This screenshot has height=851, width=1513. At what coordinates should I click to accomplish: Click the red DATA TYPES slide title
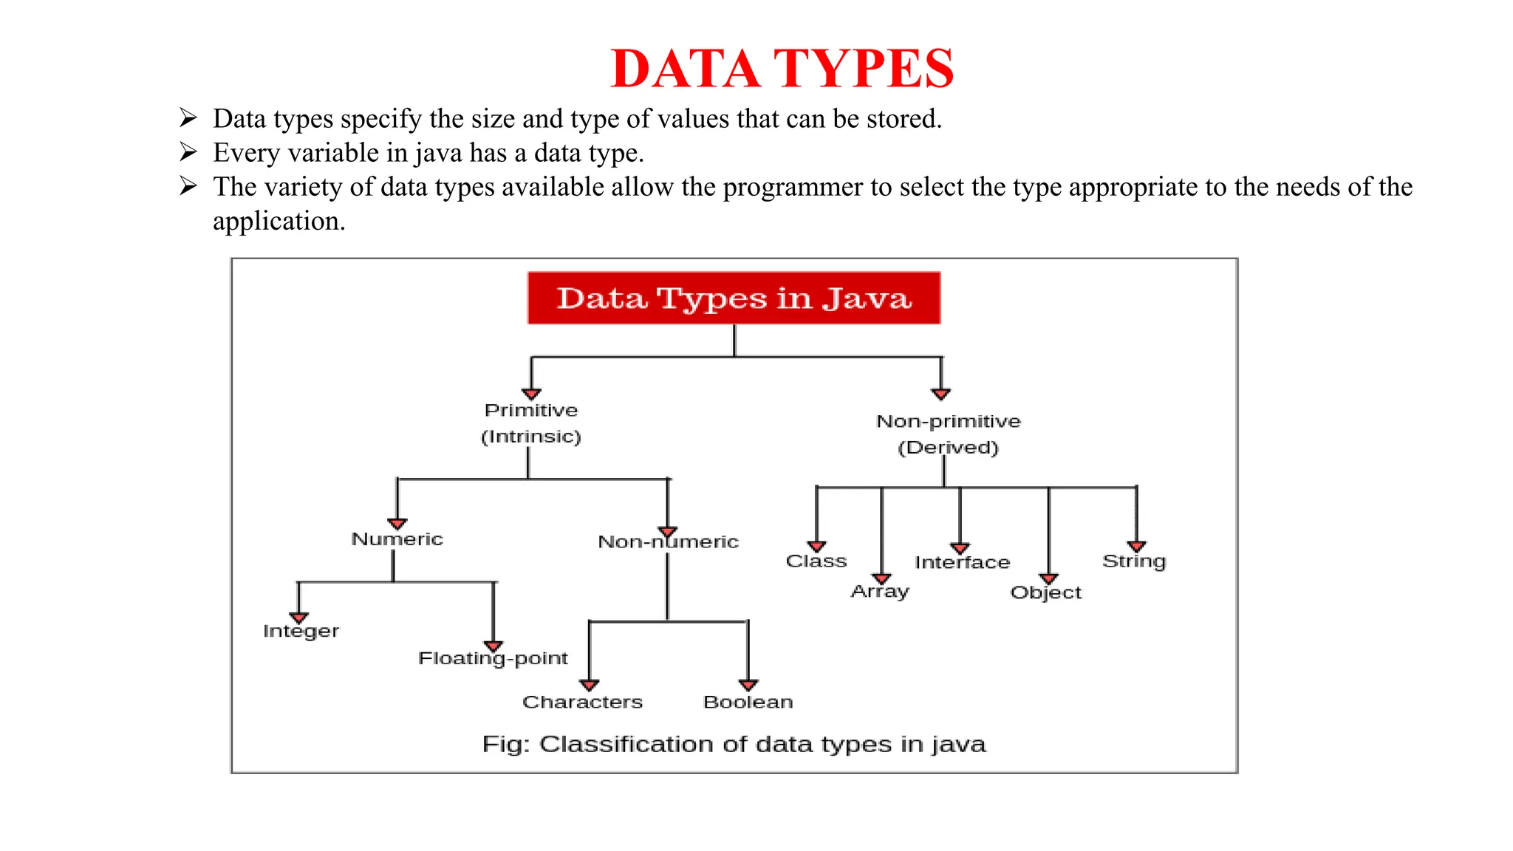click(782, 69)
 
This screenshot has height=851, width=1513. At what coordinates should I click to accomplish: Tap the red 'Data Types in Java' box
click(734, 298)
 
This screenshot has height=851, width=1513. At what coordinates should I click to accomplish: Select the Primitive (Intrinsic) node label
click(530, 423)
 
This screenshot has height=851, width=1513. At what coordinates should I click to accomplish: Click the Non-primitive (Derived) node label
click(948, 434)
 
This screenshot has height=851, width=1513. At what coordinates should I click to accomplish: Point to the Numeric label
click(397, 539)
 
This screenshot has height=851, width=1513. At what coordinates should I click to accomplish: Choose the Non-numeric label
click(668, 542)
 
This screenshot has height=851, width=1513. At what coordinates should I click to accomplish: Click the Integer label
click(301, 632)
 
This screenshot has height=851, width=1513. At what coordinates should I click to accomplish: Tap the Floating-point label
click(493, 658)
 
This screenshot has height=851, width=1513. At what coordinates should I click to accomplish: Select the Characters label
click(582, 702)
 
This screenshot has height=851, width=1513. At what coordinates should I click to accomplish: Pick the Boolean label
click(748, 702)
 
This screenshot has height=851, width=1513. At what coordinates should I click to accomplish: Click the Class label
click(816, 561)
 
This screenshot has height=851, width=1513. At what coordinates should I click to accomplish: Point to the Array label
click(879, 592)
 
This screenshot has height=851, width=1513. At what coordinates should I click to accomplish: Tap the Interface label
click(962, 563)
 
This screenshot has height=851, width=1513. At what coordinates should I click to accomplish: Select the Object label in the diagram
click(1045, 593)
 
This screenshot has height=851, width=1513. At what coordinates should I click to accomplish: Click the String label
click(1134, 561)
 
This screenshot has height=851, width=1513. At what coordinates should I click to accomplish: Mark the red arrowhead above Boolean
click(748, 685)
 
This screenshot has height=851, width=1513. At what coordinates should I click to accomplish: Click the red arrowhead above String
click(1137, 546)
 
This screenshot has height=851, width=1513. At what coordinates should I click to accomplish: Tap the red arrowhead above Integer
click(298, 618)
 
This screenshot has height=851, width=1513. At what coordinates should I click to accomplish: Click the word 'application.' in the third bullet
click(279, 222)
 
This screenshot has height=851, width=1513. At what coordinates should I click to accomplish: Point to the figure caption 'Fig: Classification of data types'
click(734, 744)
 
